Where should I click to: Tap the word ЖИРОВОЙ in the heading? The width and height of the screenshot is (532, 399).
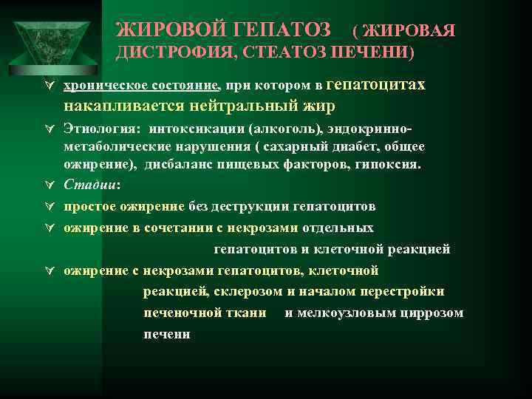169,30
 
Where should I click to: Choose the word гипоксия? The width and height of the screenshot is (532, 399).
389,164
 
